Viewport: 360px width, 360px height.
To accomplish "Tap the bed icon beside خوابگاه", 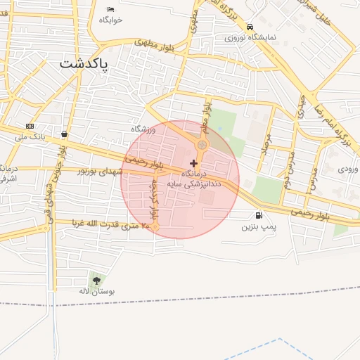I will click(110, 9).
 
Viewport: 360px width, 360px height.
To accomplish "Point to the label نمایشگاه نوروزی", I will click(250, 37).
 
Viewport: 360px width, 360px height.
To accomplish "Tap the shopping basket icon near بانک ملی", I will click(65, 134).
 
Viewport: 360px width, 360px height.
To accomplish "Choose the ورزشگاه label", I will click(143, 129).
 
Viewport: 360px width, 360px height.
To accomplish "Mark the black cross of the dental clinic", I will click(193, 163).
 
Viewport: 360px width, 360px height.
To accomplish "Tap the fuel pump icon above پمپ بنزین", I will click(259, 215).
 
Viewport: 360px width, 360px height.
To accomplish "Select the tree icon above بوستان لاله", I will click(96, 281).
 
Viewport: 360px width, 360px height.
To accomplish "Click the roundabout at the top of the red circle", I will click(202, 145).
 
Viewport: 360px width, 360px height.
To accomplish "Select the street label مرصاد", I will click(265, 145).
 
